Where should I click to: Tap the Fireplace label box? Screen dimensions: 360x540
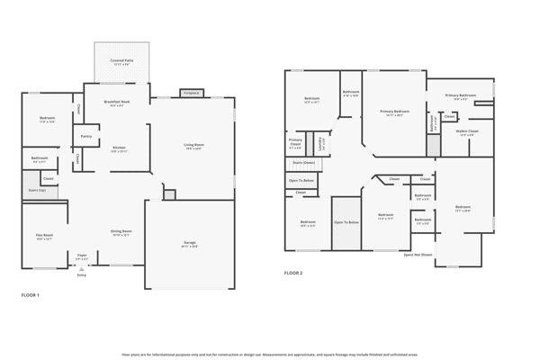coord(191,92)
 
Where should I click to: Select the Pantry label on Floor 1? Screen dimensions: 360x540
coord(86,137)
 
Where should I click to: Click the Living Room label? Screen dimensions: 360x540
coord(193,146)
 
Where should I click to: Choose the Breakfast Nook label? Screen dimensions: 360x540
coord(116,103)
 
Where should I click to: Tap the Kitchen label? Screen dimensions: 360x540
coord(119,149)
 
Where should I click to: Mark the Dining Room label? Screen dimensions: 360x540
coord(121,232)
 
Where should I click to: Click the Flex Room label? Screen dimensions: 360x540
coord(44,238)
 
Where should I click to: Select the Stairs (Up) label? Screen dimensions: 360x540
coord(37,191)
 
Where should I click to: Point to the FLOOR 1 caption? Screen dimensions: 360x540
coord(30,294)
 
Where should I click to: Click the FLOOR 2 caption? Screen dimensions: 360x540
coord(293,273)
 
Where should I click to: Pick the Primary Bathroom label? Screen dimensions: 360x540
coord(460,95)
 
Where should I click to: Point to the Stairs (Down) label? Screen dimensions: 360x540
coord(304,162)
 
